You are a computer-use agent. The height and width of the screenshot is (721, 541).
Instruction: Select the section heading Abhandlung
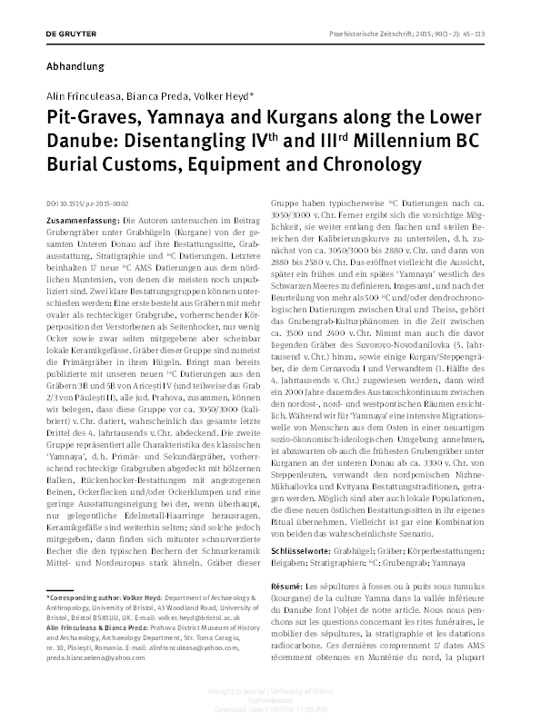point(75,66)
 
